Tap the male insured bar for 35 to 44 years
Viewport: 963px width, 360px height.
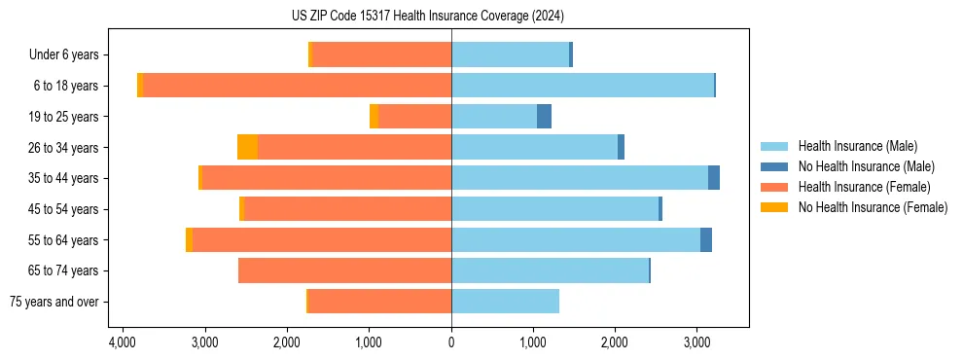click(x=580, y=178)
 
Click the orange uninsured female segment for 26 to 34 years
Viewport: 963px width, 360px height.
click(x=248, y=147)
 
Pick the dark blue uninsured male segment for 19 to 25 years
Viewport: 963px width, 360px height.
click(x=544, y=117)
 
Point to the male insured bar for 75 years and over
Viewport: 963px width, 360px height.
click(x=505, y=302)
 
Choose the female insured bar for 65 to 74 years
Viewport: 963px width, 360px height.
click(x=344, y=270)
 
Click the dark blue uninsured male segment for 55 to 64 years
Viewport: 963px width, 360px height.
click(x=705, y=239)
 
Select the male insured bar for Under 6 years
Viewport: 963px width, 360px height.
click(x=510, y=54)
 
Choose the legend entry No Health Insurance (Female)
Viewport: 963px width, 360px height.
click(x=873, y=207)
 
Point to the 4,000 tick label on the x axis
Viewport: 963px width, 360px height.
click(x=122, y=343)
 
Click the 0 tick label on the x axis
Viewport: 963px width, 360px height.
click(x=451, y=343)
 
